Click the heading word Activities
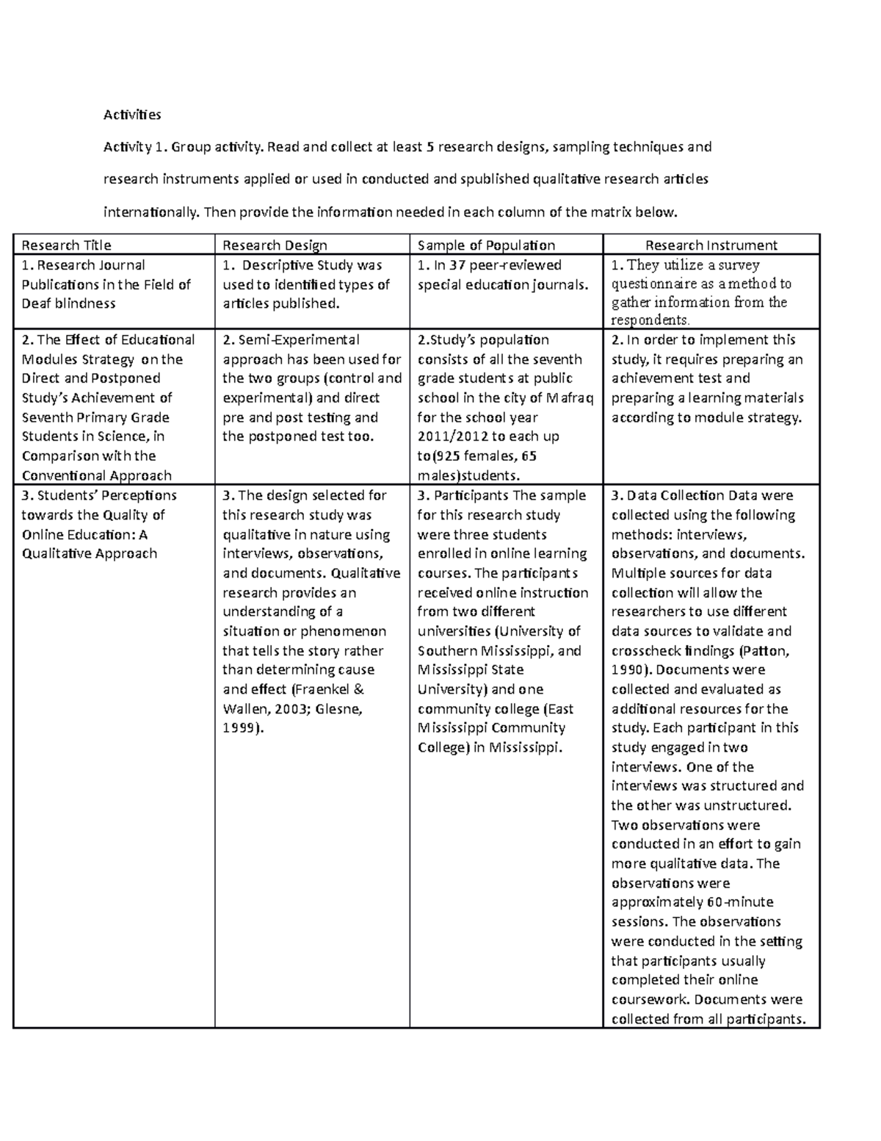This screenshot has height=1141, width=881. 132,115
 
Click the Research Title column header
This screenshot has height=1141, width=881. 66,245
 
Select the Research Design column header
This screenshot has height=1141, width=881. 275,245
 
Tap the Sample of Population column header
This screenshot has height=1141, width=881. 486,245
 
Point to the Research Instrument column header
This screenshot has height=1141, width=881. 711,245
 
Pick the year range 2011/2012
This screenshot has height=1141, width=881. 455,436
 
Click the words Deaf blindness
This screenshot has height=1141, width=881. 69,303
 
